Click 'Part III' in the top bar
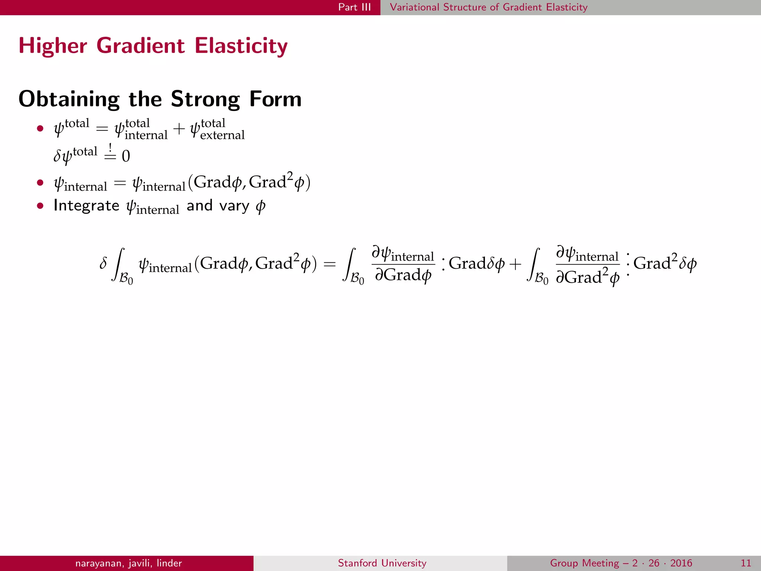pyautogui.click(x=354, y=7)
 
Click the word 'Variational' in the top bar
pyautogui.click(x=414, y=7)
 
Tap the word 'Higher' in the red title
pyautogui.click(x=53, y=46)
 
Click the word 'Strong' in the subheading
pyautogui.click(x=205, y=99)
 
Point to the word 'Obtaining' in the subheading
pyautogui.click(x=69, y=99)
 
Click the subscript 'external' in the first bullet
pyautogui.click(x=222, y=135)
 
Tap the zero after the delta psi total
pyautogui.click(x=126, y=156)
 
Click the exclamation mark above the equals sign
pyautogui.click(x=110, y=147)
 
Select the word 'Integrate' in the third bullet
pyautogui.click(x=86, y=206)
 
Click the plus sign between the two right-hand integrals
pyautogui.click(x=515, y=264)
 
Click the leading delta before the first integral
pyautogui.click(x=103, y=264)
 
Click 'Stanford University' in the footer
pyautogui.click(x=382, y=563)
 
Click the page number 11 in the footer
pyautogui.click(x=746, y=563)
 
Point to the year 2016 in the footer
pyautogui.click(x=681, y=563)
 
